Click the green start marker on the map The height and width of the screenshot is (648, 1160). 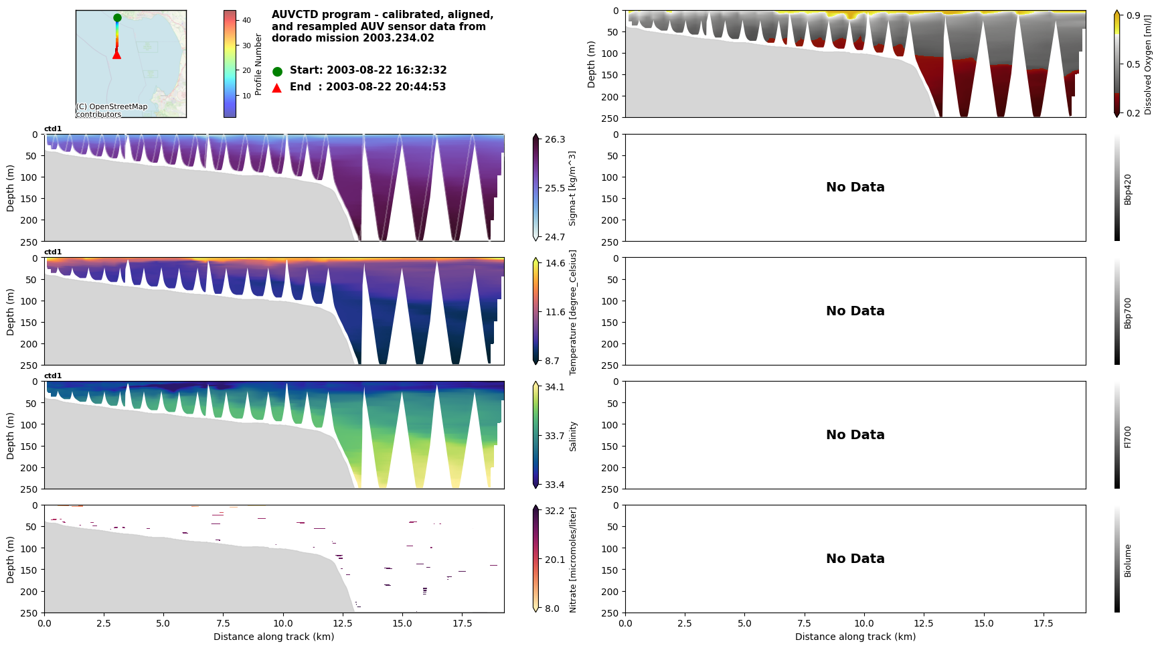point(117,18)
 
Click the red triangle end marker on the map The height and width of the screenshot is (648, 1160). point(116,54)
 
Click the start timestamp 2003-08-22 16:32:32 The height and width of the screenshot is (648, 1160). point(386,70)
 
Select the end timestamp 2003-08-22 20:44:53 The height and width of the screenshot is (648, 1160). point(386,87)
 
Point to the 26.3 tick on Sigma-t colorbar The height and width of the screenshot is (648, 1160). point(554,139)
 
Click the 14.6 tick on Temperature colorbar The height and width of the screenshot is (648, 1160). point(554,263)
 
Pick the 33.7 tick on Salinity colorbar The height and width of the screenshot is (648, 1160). point(554,436)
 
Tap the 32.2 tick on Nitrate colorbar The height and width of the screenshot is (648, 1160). point(554,511)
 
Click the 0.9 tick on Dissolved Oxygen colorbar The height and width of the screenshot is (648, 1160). point(1133,15)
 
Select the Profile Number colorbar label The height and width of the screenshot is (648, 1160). point(258,64)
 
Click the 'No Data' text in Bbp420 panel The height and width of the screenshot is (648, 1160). point(855,187)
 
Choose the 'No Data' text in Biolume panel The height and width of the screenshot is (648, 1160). point(855,559)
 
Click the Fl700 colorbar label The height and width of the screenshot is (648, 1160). point(1128,436)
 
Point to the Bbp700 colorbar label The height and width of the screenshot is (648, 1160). point(1128,313)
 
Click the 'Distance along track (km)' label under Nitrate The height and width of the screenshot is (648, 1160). point(274,637)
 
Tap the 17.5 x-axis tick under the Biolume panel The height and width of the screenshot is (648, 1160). point(1043,623)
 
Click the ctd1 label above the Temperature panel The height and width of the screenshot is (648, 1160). point(53,252)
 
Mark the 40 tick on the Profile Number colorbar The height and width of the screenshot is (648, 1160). point(246,20)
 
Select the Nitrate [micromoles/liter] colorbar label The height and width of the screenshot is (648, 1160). point(573,560)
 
